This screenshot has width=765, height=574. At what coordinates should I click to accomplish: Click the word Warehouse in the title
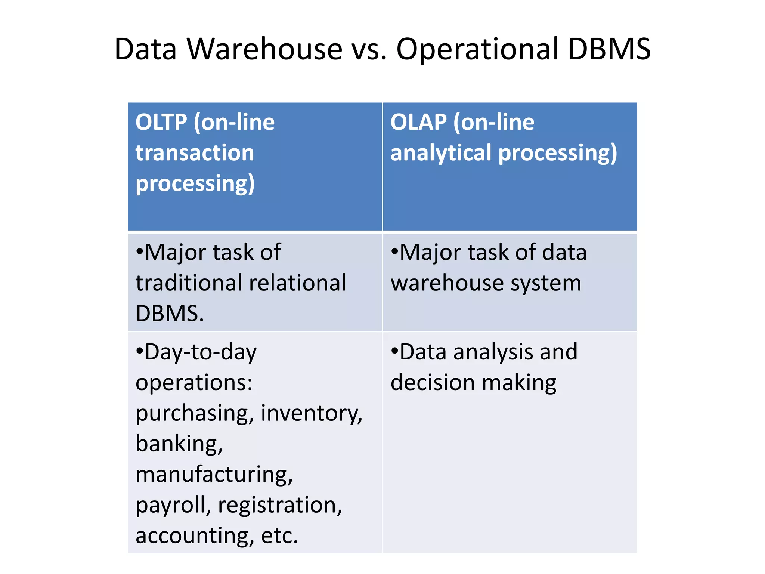264,49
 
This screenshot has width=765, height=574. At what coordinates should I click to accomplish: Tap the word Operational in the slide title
477,49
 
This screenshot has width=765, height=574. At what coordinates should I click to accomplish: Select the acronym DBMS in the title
610,49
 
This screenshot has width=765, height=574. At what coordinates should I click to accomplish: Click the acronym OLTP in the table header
161,122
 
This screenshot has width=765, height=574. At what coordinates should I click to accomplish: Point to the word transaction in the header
195,153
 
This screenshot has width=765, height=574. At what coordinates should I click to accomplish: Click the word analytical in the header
441,153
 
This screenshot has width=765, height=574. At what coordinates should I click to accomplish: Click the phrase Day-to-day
196,352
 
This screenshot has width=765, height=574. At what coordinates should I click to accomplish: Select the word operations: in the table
194,383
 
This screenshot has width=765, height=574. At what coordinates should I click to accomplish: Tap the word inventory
311,413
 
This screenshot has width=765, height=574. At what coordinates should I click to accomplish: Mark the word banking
179,444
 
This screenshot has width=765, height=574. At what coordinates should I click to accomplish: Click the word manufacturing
214,475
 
